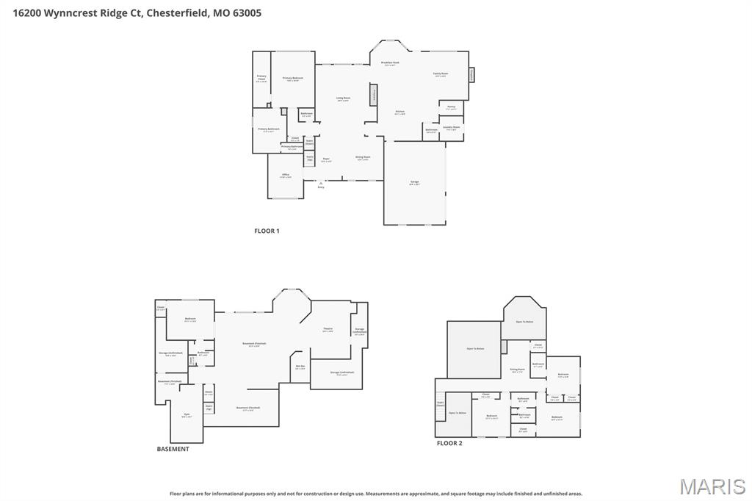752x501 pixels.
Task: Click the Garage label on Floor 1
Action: [414, 184]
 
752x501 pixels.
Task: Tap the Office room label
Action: [286, 176]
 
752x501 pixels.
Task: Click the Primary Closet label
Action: [261, 79]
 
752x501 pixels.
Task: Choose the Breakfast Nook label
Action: [390, 64]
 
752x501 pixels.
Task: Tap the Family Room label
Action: [441, 74]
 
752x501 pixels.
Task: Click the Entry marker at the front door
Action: [321, 187]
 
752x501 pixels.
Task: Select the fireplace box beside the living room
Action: [374, 94]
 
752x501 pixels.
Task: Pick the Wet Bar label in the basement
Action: [300, 367]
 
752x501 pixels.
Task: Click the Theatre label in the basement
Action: [328, 330]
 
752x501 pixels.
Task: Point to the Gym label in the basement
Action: [185, 415]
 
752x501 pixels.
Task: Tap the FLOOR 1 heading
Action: [267, 231]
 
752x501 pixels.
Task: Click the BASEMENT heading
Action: [173, 449]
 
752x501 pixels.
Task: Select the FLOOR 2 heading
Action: [449, 443]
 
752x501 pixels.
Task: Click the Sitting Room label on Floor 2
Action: [517, 371]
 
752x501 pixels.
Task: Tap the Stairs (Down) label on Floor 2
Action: [440, 403]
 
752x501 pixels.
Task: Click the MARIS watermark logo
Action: [712, 486]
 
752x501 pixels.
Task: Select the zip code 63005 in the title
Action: [246, 12]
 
